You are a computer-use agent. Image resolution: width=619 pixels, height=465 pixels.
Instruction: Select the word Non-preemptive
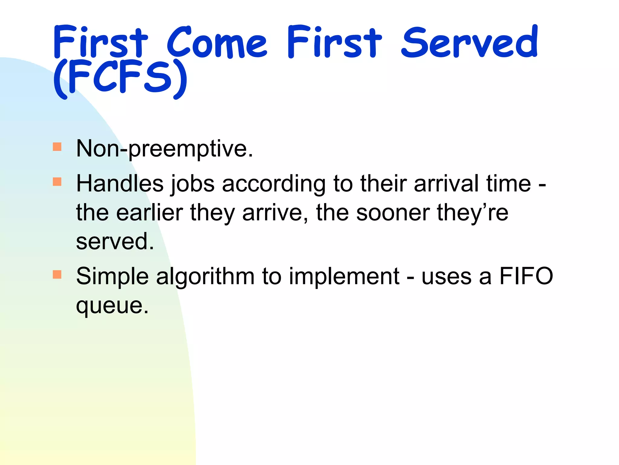tap(164, 148)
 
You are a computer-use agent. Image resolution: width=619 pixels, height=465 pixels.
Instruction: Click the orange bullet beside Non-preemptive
tap(57, 147)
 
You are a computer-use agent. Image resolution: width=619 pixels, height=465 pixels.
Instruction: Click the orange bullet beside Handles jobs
tap(57, 182)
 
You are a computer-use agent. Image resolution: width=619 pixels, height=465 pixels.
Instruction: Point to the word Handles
tap(120, 183)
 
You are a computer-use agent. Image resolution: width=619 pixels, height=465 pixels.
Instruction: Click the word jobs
tap(193, 184)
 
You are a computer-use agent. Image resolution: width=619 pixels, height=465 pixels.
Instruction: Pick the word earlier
tap(150, 213)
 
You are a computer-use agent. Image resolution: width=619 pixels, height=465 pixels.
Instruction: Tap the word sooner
tap(393, 213)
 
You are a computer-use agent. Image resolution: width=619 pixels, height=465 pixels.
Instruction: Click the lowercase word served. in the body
tap(115, 242)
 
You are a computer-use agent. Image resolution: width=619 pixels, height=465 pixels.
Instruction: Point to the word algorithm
tap(205, 277)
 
